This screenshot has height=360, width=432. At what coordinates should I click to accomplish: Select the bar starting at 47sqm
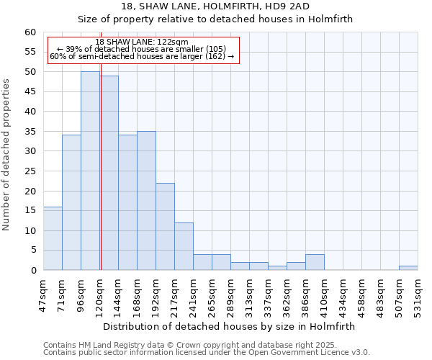coord(53,238)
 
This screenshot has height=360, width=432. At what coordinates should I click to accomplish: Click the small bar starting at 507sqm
coord(408,268)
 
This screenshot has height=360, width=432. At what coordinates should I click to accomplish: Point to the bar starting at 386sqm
coord(315,262)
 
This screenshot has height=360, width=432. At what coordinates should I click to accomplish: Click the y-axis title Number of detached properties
coord(6,155)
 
